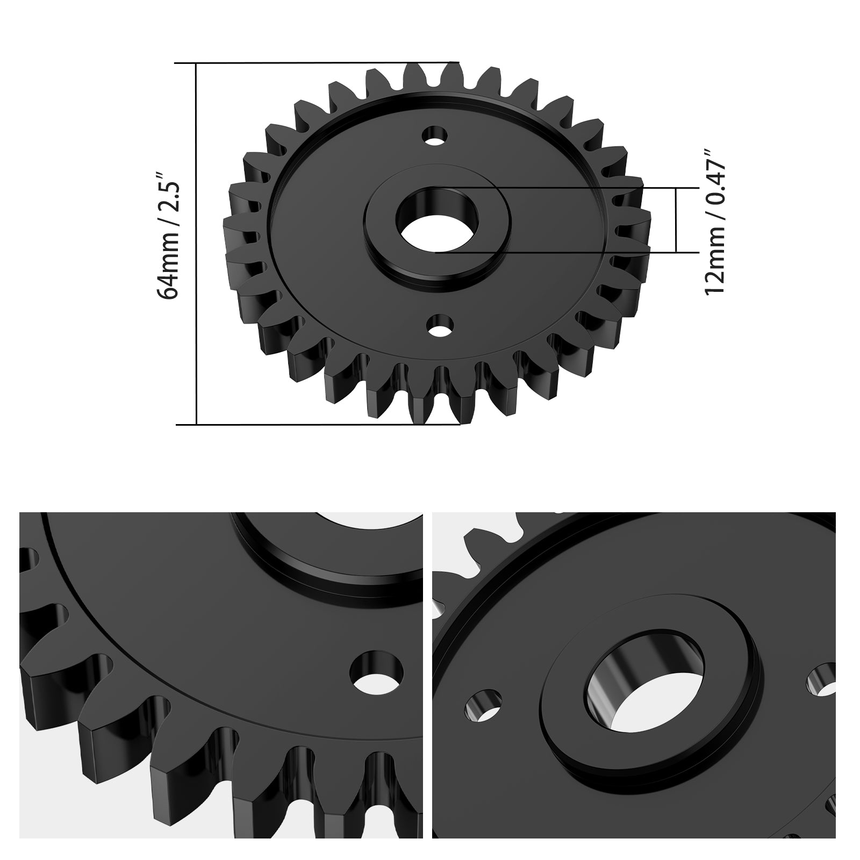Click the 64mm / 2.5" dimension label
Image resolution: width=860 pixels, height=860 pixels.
(167, 236)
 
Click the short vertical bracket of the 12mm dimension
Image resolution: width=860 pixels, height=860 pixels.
(676, 220)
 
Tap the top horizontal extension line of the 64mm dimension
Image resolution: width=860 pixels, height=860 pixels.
(322, 63)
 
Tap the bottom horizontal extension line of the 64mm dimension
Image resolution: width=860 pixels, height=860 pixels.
(322, 424)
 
